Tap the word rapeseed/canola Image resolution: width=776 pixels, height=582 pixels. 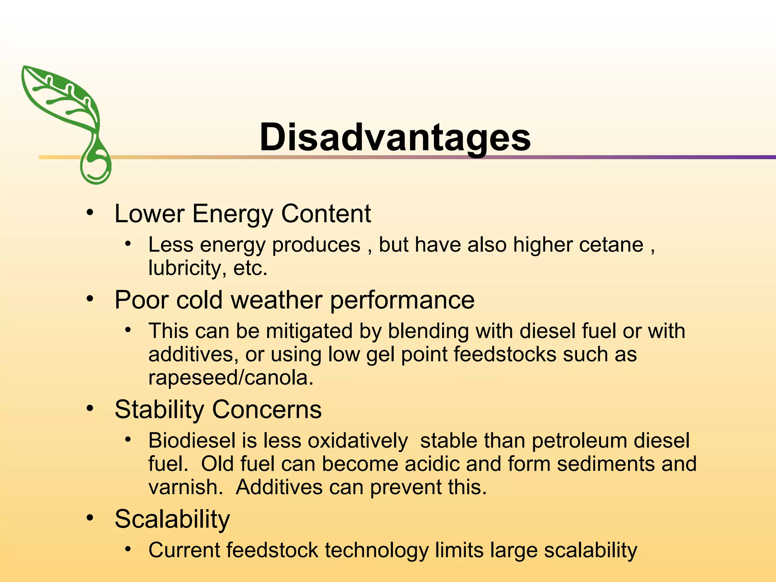coord(231,378)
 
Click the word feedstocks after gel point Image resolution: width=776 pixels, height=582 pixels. coord(505,354)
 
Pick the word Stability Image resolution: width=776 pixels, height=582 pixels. coord(159,410)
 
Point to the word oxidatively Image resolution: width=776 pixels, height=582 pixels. coord(358,441)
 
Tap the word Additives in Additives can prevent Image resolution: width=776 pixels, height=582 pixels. coord(279,487)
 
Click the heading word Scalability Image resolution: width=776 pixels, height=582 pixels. coord(172,519)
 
